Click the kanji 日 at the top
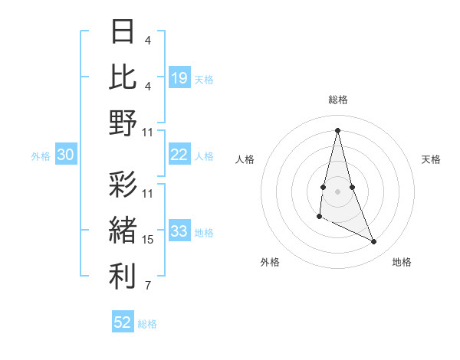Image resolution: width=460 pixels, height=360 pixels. [x=123, y=32]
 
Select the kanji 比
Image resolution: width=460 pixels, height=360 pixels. [x=123, y=77]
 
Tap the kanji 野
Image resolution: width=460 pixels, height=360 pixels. [x=123, y=123]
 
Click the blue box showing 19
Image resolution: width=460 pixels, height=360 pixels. [x=179, y=78]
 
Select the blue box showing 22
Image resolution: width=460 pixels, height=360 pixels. [x=179, y=155]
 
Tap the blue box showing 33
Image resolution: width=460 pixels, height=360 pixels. [x=179, y=231]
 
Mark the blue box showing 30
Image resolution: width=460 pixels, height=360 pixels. [x=65, y=155]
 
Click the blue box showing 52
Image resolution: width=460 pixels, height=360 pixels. [x=123, y=322]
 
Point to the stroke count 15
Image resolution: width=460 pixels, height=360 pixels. [x=148, y=240]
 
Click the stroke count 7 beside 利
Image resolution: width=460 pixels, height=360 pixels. [x=148, y=286]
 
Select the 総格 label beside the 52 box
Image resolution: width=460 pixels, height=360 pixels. [x=147, y=324]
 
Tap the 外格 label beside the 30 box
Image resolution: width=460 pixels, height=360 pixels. [x=41, y=156]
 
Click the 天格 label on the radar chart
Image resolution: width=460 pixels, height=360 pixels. [x=432, y=159]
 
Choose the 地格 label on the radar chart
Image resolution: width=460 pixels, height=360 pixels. [x=402, y=262]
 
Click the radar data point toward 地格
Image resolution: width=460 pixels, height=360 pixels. [x=374, y=242]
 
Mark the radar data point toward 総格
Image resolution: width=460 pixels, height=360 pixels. [x=337, y=129]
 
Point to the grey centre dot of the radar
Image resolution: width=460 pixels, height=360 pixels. [x=337, y=188]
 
